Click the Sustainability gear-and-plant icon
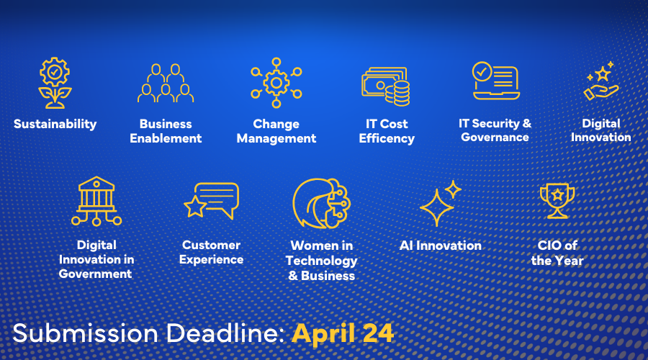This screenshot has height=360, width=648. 55,83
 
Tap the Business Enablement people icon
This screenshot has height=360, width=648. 166,83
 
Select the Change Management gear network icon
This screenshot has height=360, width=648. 276,83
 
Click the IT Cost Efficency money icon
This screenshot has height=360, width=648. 386,86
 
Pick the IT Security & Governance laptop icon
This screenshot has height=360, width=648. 496,81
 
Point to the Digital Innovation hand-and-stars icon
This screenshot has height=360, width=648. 601,81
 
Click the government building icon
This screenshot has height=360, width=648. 96,202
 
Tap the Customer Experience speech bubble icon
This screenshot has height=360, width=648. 212,201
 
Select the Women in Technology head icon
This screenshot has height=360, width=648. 322,203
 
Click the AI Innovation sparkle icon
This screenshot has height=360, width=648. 441,203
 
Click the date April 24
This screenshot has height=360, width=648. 343,333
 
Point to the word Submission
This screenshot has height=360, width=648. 86,333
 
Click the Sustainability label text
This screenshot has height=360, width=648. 55,124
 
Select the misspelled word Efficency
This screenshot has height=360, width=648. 387,138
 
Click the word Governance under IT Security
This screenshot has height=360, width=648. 495,138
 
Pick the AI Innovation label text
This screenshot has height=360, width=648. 441,246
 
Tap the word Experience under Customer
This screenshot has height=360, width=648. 211,260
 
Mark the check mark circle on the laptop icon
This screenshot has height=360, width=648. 482,71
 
